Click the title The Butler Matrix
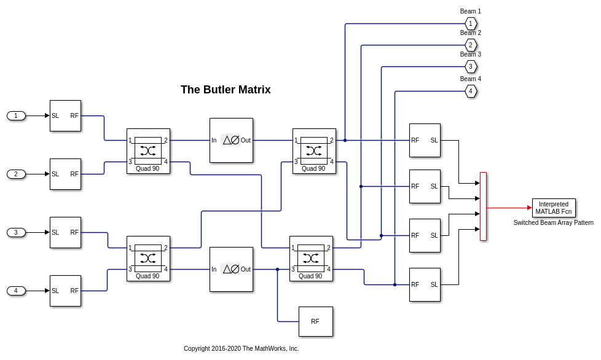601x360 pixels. pos(226,90)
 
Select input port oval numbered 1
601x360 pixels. pos(16,115)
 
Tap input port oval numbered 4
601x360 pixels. pos(16,291)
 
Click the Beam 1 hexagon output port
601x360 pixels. pos(471,24)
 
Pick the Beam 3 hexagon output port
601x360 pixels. pos(471,66)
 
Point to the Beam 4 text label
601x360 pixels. pos(471,79)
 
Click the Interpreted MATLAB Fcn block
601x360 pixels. pos(554,208)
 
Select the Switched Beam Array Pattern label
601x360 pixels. pos(554,222)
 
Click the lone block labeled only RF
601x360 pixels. pos(315,321)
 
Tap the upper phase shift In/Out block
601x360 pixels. pos(231,140)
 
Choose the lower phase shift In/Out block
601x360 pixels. pos(231,269)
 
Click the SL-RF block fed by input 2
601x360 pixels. pos(65,174)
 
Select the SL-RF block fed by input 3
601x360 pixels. pos(65,232)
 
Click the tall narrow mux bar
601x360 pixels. pos(483,206)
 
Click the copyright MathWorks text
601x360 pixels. pos(241,348)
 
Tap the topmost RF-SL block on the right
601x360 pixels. pos(425,140)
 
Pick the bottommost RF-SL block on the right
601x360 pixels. pos(425,284)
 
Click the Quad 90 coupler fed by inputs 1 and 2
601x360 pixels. pos(148,151)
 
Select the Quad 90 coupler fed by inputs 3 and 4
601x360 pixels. pos(148,258)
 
